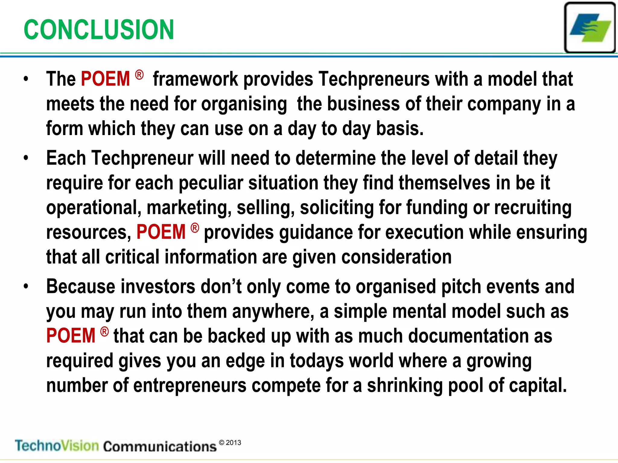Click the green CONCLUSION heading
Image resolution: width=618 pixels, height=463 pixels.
pos(99,30)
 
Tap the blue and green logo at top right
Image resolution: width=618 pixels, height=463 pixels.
pos(590,27)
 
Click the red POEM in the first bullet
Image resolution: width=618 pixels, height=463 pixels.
pos(105,79)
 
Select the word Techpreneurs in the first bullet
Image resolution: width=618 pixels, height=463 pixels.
pos(374,79)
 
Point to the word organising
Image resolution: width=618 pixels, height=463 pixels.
pos(244,104)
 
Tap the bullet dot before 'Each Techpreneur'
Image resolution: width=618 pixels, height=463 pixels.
pos(26,158)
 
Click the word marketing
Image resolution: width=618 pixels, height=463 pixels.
pos(189,208)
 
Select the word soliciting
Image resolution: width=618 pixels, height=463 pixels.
pos(337,208)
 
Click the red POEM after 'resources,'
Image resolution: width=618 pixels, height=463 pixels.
pos(161,232)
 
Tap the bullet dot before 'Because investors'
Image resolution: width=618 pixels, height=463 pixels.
pos(26,286)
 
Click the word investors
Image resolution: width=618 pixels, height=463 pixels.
pos(158,286)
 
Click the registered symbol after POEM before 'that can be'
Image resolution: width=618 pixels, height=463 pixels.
pos(104,332)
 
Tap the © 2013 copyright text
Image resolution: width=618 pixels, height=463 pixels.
pos(230,443)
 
